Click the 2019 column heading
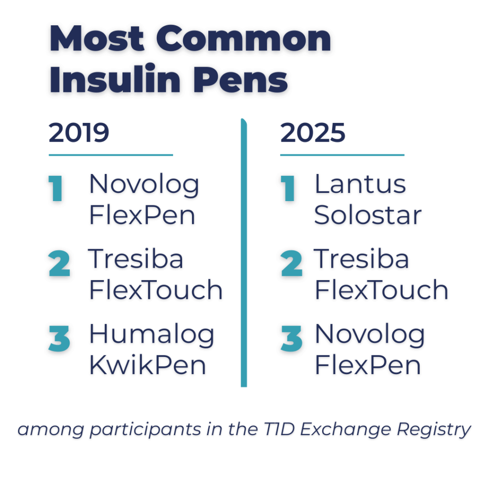click(x=79, y=133)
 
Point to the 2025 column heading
click(x=313, y=133)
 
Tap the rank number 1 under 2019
click(x=56, y=189)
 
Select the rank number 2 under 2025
click(x=291, y=264)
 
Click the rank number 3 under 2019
click(x=59, y=339)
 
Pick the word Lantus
click(x=360, y=185)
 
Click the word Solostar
click(x=368, y=215)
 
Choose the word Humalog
click(x=152, y=335)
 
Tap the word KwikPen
click(x=148, y=366)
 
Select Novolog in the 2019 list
click(x=144, y=185)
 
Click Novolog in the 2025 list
click(x=369, y=335)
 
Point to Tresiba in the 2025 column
click(x=362, y=260)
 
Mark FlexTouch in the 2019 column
click(x=156, y=290)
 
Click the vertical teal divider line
click(x=244, y=253)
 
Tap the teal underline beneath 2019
click(x=111, y=155)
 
